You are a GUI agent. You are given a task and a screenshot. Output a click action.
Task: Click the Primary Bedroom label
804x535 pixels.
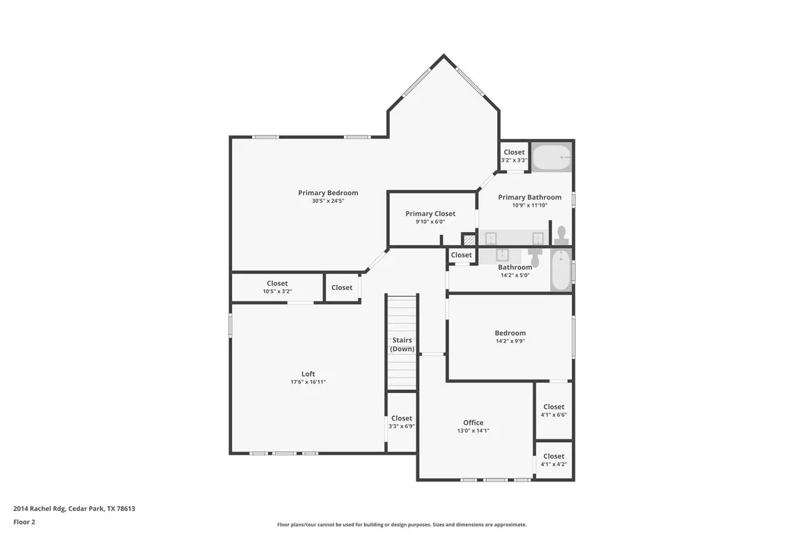tap(328, 193)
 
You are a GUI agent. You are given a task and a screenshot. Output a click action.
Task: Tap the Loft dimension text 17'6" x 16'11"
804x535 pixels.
tap(308, 382)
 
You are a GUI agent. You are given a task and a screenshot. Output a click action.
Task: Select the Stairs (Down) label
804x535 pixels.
tap(402, 344)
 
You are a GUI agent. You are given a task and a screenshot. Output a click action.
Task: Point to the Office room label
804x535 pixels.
tap(473, 423)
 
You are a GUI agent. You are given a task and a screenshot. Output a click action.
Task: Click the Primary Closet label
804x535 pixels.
tap(430, 214)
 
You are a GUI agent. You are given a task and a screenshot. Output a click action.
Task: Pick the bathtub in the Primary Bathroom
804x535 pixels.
tap(551, 157)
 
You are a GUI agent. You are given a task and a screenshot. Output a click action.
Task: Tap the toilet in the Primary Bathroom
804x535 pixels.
tap(561, 235)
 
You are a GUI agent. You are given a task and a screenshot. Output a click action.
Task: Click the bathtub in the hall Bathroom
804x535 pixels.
tap(561, 270)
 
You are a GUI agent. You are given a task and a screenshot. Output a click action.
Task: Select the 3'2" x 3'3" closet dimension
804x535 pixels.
tap(514, 160)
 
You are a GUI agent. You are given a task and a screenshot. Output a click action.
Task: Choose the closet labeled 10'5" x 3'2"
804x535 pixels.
tap(277, 287)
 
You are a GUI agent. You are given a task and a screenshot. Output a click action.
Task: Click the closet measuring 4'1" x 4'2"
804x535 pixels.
tap(554, 460)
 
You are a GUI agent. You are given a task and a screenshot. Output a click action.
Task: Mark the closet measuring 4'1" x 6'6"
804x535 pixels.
tap(554, 410)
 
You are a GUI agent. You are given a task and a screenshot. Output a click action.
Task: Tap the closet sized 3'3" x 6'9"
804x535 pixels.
tap(401, 422)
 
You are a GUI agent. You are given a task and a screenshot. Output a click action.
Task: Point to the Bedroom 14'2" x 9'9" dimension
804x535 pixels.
tap(510, 341)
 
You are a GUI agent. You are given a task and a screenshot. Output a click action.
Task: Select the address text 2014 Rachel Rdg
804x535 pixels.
tap(39, 509)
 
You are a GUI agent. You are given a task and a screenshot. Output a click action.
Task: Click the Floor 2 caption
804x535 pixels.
tap(24, 522)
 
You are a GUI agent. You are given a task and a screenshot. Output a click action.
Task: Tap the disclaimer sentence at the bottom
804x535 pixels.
tap(402, 525)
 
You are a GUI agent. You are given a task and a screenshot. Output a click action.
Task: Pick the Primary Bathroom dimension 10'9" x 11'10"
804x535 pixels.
tap(530, 205)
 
